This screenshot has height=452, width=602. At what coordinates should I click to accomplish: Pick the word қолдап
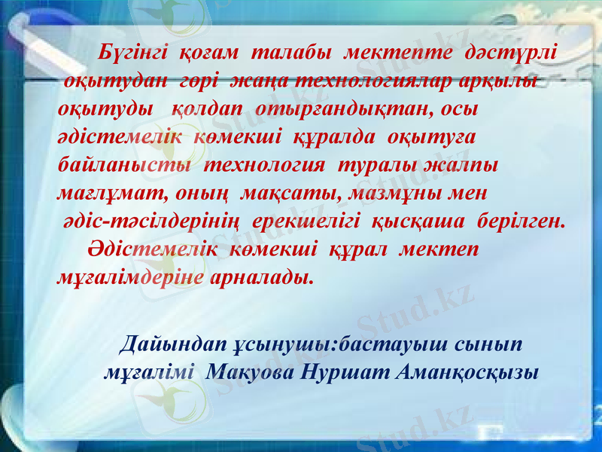click(x=210, y=108)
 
